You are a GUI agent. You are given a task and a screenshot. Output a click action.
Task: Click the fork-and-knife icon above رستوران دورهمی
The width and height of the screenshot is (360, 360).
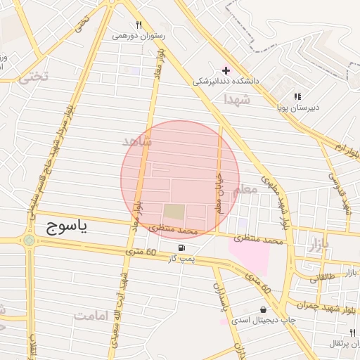pyautogui.click(x=139, y=25)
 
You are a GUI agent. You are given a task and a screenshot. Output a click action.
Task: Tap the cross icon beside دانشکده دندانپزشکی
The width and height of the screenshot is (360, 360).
pyautogui.click(x=225, y=70)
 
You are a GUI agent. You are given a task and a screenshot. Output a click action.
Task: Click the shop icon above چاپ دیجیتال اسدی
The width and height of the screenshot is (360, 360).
pyautogui.click(x=263, y=309)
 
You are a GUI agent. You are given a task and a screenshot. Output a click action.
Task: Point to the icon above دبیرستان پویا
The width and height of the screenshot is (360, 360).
pyautogui.click(x=297, y=96)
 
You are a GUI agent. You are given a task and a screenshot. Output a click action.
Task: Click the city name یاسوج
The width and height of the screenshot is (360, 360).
pyautogui.click(x=67, y=226)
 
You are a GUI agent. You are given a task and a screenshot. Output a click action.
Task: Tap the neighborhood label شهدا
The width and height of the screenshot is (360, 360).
pyautogui.click(x=236, y=100)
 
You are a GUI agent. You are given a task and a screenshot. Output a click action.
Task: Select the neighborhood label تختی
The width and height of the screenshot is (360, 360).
pyautogui.click(x=34, y=77)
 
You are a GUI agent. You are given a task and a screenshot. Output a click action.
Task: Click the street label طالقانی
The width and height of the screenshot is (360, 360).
pyautogui.click(x=323, y=278)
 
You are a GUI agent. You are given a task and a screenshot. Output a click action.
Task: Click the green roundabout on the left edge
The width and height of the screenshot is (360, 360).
pyautogui.click(x=29, y=240)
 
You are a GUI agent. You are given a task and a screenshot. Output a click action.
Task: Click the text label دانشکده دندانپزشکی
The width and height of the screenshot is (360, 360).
pyautogui.click(x=227, y=82)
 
